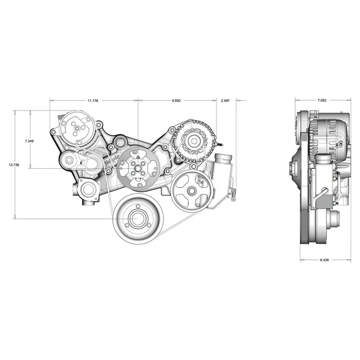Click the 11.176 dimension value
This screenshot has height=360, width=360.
[x=93, y=101]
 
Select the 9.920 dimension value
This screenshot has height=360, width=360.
[x=176, y=101]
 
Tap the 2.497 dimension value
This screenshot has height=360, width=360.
[x=225, y=101]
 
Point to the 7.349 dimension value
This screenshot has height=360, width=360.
[x=29, y=141]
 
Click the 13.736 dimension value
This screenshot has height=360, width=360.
[x=14, y=165]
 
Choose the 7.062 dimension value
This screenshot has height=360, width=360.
[x=321, y=100]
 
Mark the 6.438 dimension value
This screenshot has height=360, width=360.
[x=324, y=260]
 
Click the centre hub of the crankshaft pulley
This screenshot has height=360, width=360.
[x=137, y=219]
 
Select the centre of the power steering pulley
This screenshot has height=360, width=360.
[x=191, y=191]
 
